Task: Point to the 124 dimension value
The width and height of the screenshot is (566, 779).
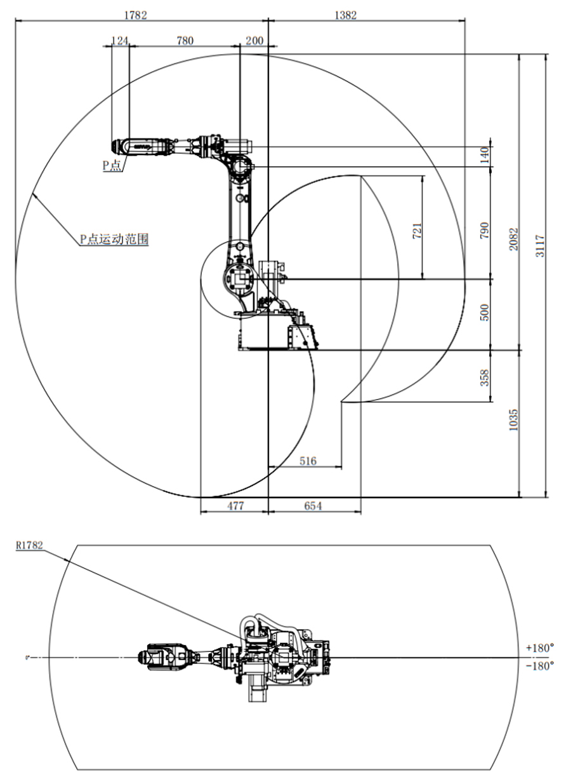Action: [x=119, y=41]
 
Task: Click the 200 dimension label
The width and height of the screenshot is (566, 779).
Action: [x=254, y=41]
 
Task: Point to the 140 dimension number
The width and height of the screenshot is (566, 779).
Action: [x=484, y=154]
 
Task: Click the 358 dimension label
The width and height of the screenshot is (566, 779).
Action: [x=484, y=376]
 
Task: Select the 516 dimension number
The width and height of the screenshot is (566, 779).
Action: [x=308, y=461]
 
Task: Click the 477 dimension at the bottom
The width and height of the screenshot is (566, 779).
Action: [x=235, y=506]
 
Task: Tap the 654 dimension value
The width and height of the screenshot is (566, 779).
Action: [x=313, y=506]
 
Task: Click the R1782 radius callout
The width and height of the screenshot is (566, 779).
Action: [x=30, y=545]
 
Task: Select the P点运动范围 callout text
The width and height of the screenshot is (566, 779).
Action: [x=114, y=240]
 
